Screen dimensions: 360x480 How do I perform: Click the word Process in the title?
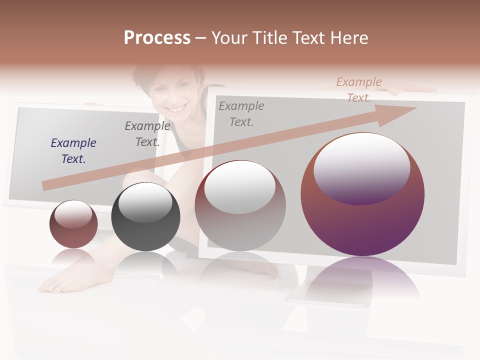[x=157, y=38]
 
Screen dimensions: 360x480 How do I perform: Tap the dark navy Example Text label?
[x=73, y=150]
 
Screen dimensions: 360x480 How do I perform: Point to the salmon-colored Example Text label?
[x=359, y=89]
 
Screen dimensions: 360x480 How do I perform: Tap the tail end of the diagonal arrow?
[x=46, y=185]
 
